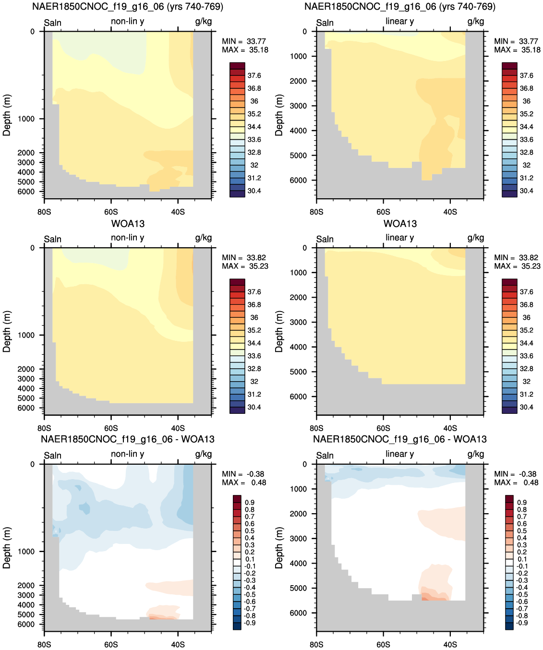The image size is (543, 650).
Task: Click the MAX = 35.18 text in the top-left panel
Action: (245, 50)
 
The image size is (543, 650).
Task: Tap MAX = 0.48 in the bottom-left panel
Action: (244, 482)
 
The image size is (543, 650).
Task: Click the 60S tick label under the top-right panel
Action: (383, 212)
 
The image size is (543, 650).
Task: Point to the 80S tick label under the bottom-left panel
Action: (44, 644)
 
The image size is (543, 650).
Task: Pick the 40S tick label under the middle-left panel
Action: (178, 428)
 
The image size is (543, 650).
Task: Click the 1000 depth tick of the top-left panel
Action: (26, 119)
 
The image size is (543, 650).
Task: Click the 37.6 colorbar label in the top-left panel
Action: (254, 75)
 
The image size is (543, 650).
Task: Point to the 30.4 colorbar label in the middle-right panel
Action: (526, 407)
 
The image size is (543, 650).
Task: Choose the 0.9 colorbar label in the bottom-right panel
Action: (522, 502)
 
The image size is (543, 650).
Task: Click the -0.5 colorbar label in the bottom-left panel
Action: (249, 594)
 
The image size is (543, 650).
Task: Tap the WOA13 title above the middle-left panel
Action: (128, 224)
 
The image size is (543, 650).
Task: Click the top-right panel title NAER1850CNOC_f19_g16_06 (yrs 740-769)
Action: (400, 6)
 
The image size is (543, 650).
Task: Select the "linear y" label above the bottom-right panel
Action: (399, 454)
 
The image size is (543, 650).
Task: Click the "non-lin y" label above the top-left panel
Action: (127, 21)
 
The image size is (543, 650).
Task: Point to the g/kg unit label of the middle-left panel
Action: (203, 238)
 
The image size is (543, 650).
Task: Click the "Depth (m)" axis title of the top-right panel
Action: (279, 115)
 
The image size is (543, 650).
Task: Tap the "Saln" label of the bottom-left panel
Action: (53, 456)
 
